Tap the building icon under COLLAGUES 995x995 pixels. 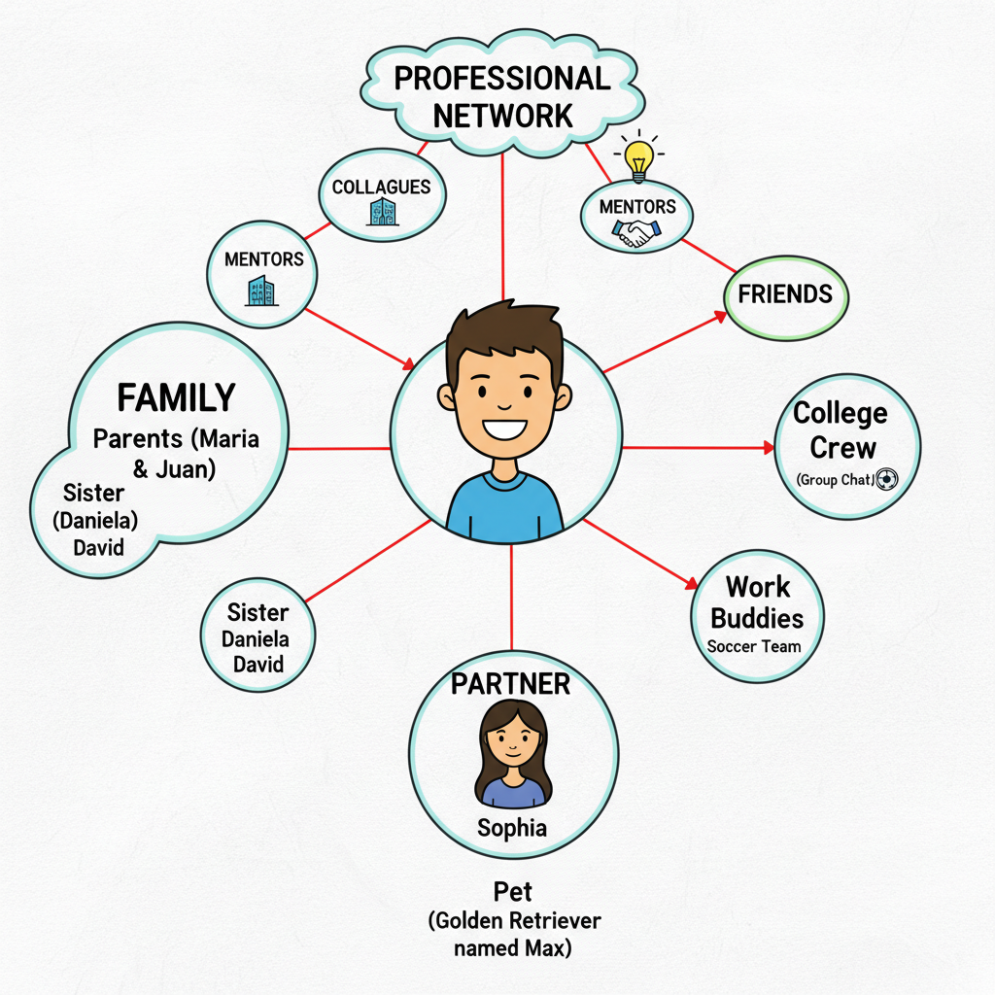pos(383,211)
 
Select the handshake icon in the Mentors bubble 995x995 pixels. pos(635,232)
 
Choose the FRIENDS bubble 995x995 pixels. pos(785,297)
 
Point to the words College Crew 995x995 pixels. pos(841,430)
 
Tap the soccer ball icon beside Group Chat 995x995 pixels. pos(886,479)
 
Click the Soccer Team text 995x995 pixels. pos(754,646)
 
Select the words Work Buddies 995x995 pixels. pos(757,602)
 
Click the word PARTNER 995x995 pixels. pos(510,684)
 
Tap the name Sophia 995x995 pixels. pos(512,828)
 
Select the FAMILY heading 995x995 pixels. pos(177,397)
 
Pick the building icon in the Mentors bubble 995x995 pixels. pos(261,291)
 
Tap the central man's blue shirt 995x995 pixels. pos(504,507)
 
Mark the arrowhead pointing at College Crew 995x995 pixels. pos(768,448)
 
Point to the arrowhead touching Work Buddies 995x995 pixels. pos(691,583)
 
